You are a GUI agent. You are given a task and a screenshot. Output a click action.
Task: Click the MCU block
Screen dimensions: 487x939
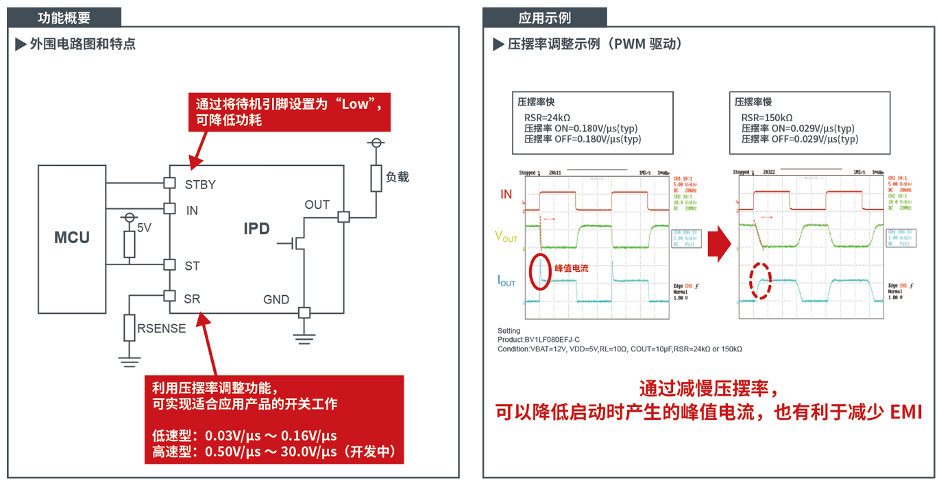[72, 238]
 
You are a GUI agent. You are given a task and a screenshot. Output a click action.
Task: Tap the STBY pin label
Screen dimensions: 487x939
[200, 184]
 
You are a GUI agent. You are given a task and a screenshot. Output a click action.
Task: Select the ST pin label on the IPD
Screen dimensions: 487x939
[192, 266]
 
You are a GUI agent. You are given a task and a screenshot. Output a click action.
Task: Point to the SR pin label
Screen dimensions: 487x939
[192, 299]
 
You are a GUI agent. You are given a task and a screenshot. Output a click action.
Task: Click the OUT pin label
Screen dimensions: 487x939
[317, 205]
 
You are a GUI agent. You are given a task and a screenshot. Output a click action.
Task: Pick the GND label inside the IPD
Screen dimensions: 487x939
[276, 300]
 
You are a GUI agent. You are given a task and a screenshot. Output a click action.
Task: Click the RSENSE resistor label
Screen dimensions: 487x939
[161, 329]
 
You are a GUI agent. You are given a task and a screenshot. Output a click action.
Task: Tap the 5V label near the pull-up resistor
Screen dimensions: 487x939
[144, 227]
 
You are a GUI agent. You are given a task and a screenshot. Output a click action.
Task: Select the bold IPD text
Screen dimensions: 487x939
[257, 229]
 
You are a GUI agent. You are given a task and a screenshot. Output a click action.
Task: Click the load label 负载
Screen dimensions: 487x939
[398, 177]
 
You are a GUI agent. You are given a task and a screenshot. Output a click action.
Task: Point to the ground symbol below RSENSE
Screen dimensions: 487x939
[129, 360]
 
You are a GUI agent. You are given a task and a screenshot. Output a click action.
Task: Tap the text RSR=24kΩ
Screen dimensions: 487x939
[549, 118]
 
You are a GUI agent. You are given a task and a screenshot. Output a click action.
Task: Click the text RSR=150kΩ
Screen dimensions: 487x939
[767, 118]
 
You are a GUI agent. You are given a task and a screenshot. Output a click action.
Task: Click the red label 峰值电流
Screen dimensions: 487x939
[572, 269]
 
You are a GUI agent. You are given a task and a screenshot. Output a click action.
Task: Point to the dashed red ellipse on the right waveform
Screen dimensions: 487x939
[759, 281]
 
